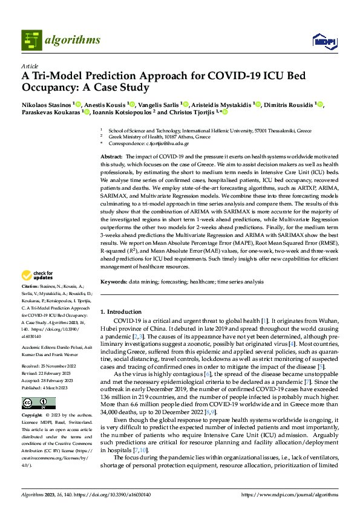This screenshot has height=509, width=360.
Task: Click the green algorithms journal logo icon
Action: click(31, 40)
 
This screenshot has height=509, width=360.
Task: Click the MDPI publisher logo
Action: click(323, 41)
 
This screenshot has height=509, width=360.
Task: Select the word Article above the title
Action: click(29, 66)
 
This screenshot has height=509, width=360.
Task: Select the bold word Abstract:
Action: click(112, 157)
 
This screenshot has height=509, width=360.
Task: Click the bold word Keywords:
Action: click(113, 282)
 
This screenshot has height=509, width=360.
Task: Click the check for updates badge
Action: click(38, 276)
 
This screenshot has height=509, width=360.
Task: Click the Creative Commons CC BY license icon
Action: click(30, 403)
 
